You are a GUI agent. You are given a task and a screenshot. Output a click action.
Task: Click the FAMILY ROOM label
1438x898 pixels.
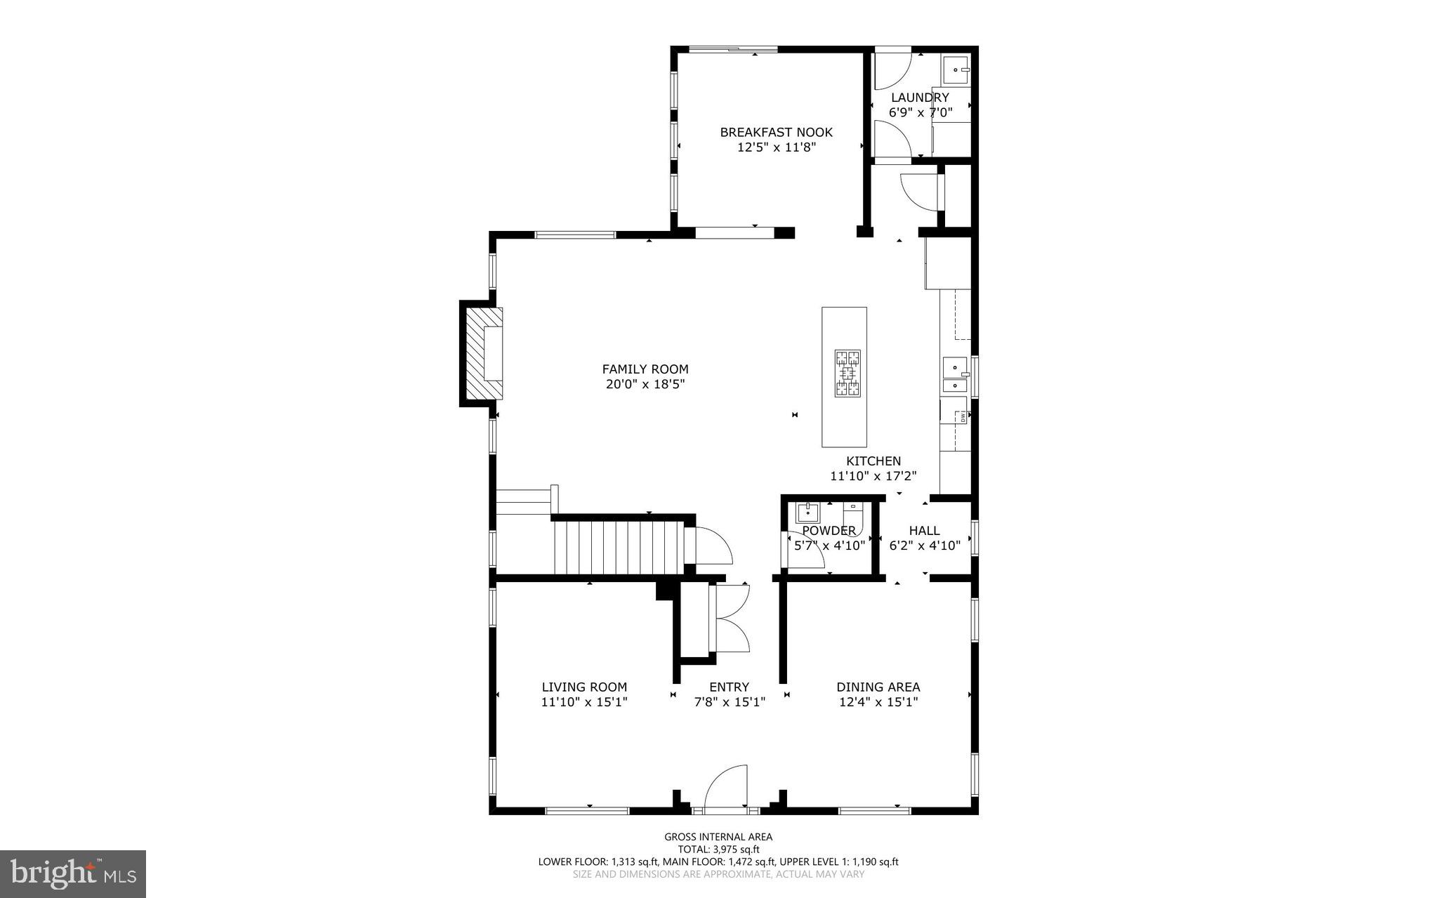point(645,369)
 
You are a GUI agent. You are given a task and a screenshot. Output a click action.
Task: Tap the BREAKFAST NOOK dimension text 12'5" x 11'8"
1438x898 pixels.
point(776,147)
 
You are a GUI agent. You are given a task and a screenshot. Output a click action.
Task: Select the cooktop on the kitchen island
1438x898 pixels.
point(847,374)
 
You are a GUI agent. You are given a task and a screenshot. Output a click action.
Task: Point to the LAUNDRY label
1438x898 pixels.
point(920,98)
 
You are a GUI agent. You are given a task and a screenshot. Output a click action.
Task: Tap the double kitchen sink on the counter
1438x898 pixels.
point(955,376)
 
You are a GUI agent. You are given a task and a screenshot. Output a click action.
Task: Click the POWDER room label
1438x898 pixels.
point(829,531)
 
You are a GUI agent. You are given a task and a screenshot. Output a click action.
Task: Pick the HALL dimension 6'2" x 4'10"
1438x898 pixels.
point(924,546)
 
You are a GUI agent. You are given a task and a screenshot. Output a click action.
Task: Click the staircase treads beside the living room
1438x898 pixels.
point(618,547)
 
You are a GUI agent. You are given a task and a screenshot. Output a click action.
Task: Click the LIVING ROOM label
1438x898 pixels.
point(584,687)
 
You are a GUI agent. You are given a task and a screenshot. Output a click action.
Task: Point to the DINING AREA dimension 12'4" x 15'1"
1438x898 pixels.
point(878,702)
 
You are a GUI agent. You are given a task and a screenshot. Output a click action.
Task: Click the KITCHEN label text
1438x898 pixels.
point(873,461)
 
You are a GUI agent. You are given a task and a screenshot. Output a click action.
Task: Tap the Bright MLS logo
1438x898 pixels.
point(72,873)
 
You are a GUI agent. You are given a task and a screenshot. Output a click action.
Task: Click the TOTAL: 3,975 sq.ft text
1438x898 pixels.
point(718,849)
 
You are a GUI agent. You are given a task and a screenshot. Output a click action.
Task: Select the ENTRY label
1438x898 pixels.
point(729,687)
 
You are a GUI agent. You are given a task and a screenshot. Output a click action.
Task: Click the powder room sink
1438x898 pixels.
point(807,513)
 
